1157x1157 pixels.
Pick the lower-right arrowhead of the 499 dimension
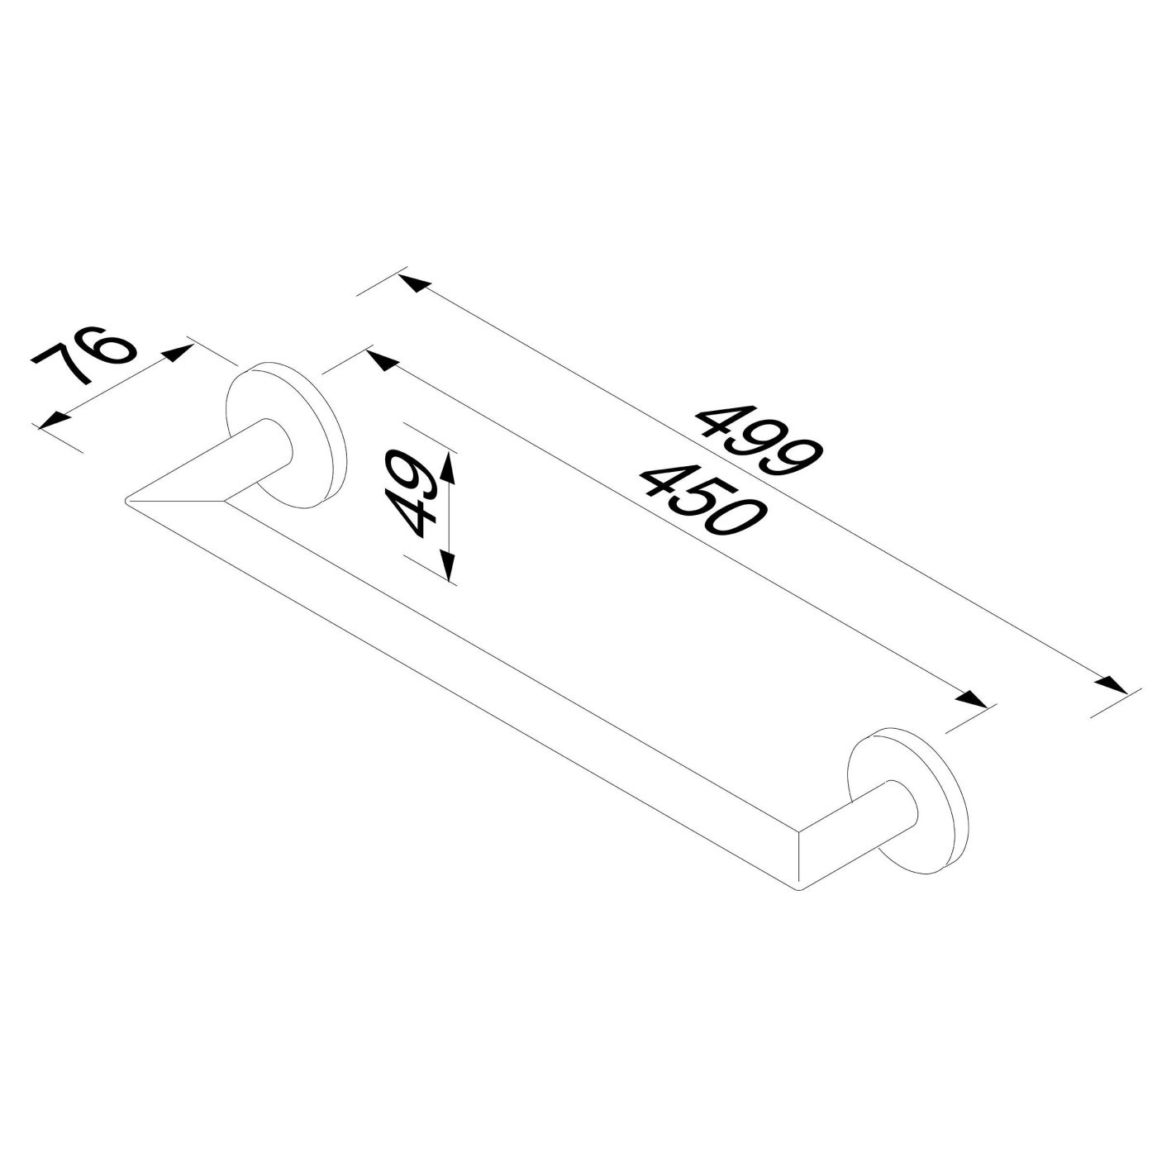[x=1112, y=685]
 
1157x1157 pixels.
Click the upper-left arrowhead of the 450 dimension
[x=381, y=360]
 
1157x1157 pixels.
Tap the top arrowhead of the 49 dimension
[x=448, y=468]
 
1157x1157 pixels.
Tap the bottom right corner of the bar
[x=798, y=888]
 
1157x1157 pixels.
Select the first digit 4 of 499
[x=718, y=418]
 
